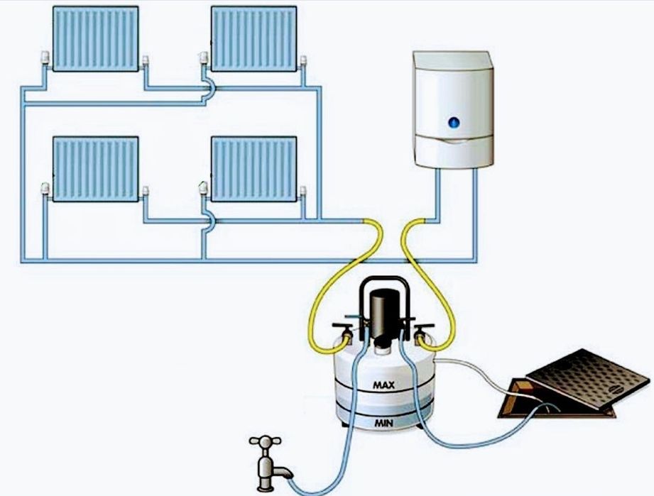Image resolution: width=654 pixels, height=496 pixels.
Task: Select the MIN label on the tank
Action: click(384, 423)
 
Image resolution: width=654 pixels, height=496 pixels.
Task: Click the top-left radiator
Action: click(96, 39)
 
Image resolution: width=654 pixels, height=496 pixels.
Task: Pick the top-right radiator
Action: click(254, 39)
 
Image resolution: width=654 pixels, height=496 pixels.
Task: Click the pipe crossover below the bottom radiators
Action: click(207, 222)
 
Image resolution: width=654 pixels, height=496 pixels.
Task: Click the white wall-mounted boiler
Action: click(452, 110)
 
